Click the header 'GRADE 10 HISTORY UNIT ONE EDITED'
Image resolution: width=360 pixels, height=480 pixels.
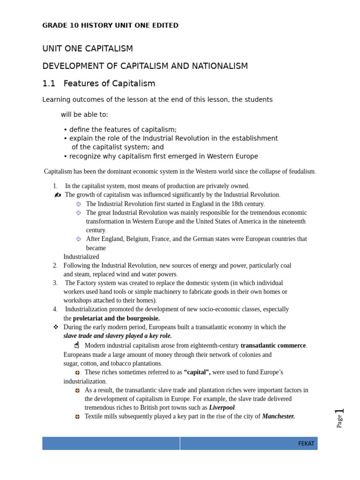point(110,25)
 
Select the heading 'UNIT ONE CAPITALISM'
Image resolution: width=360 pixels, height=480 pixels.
point(88,49)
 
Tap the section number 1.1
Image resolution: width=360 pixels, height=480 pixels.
point(49,84)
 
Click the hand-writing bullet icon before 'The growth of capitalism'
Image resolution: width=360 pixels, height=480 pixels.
point(58,195)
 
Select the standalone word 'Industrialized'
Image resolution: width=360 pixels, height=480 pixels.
point(81,257)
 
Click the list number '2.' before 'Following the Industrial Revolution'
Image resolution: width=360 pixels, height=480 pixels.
point(55,266)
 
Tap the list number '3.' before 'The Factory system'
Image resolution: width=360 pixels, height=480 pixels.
point(55,283)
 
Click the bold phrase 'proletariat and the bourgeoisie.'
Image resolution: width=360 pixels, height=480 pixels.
point(116,318)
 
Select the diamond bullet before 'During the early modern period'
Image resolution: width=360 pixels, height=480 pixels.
point(55,327)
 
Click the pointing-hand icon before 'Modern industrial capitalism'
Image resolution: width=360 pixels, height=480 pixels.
point(77,345)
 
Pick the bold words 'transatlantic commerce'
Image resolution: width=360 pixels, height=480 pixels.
point(273,345)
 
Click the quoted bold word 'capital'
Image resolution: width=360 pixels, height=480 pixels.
point(197,372)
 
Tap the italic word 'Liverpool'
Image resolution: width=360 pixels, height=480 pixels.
point(221,408)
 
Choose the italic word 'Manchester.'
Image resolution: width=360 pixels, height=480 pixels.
point(278,416)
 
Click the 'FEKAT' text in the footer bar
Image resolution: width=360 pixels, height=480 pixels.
point(306,443)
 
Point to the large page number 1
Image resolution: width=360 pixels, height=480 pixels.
point(340,412)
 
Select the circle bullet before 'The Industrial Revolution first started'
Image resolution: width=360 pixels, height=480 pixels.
point(78,204)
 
